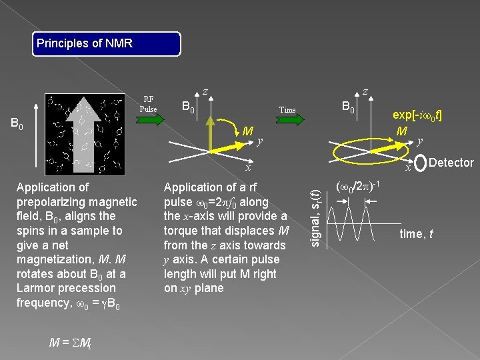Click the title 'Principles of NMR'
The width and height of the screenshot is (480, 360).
click(85, 44)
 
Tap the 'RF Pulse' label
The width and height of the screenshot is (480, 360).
click(148, 104)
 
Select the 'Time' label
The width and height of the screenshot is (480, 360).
click(287, 109)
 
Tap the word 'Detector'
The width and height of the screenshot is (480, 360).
click(451, 163)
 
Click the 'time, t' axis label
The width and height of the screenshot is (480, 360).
click(416, 233)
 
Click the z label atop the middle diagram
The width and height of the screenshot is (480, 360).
click(205, 91)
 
